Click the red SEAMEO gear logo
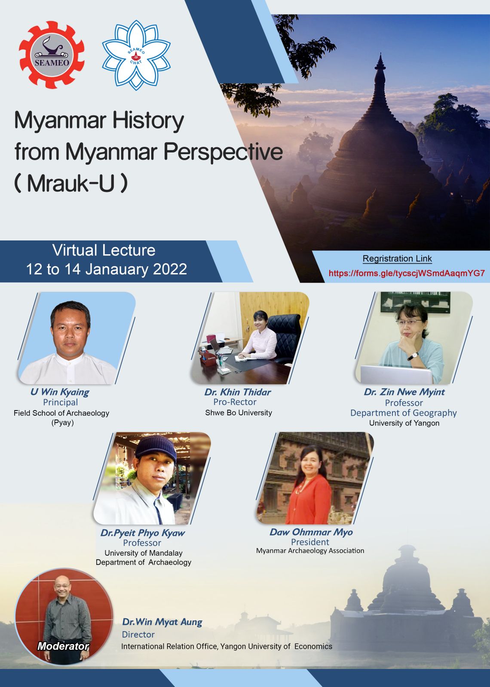(52, 55)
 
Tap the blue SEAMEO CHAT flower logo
(136, 55)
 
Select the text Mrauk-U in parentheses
(71, 183)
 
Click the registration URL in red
(407, 273)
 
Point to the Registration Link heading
(397, 258)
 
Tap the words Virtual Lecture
(104, 250)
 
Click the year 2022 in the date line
(170, 269)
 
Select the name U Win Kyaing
(60, 392)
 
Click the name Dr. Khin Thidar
(238, 392)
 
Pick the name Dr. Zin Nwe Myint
(404, 392)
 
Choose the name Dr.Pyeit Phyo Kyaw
(142, 533)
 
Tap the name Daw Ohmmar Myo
(311, 532)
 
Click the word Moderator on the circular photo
(63, 646)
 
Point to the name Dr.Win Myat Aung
(162, 622)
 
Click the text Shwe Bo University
(239, 413)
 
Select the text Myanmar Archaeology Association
(310, 550)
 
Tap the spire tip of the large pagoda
(380, 53)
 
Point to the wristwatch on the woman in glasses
(413, 356)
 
